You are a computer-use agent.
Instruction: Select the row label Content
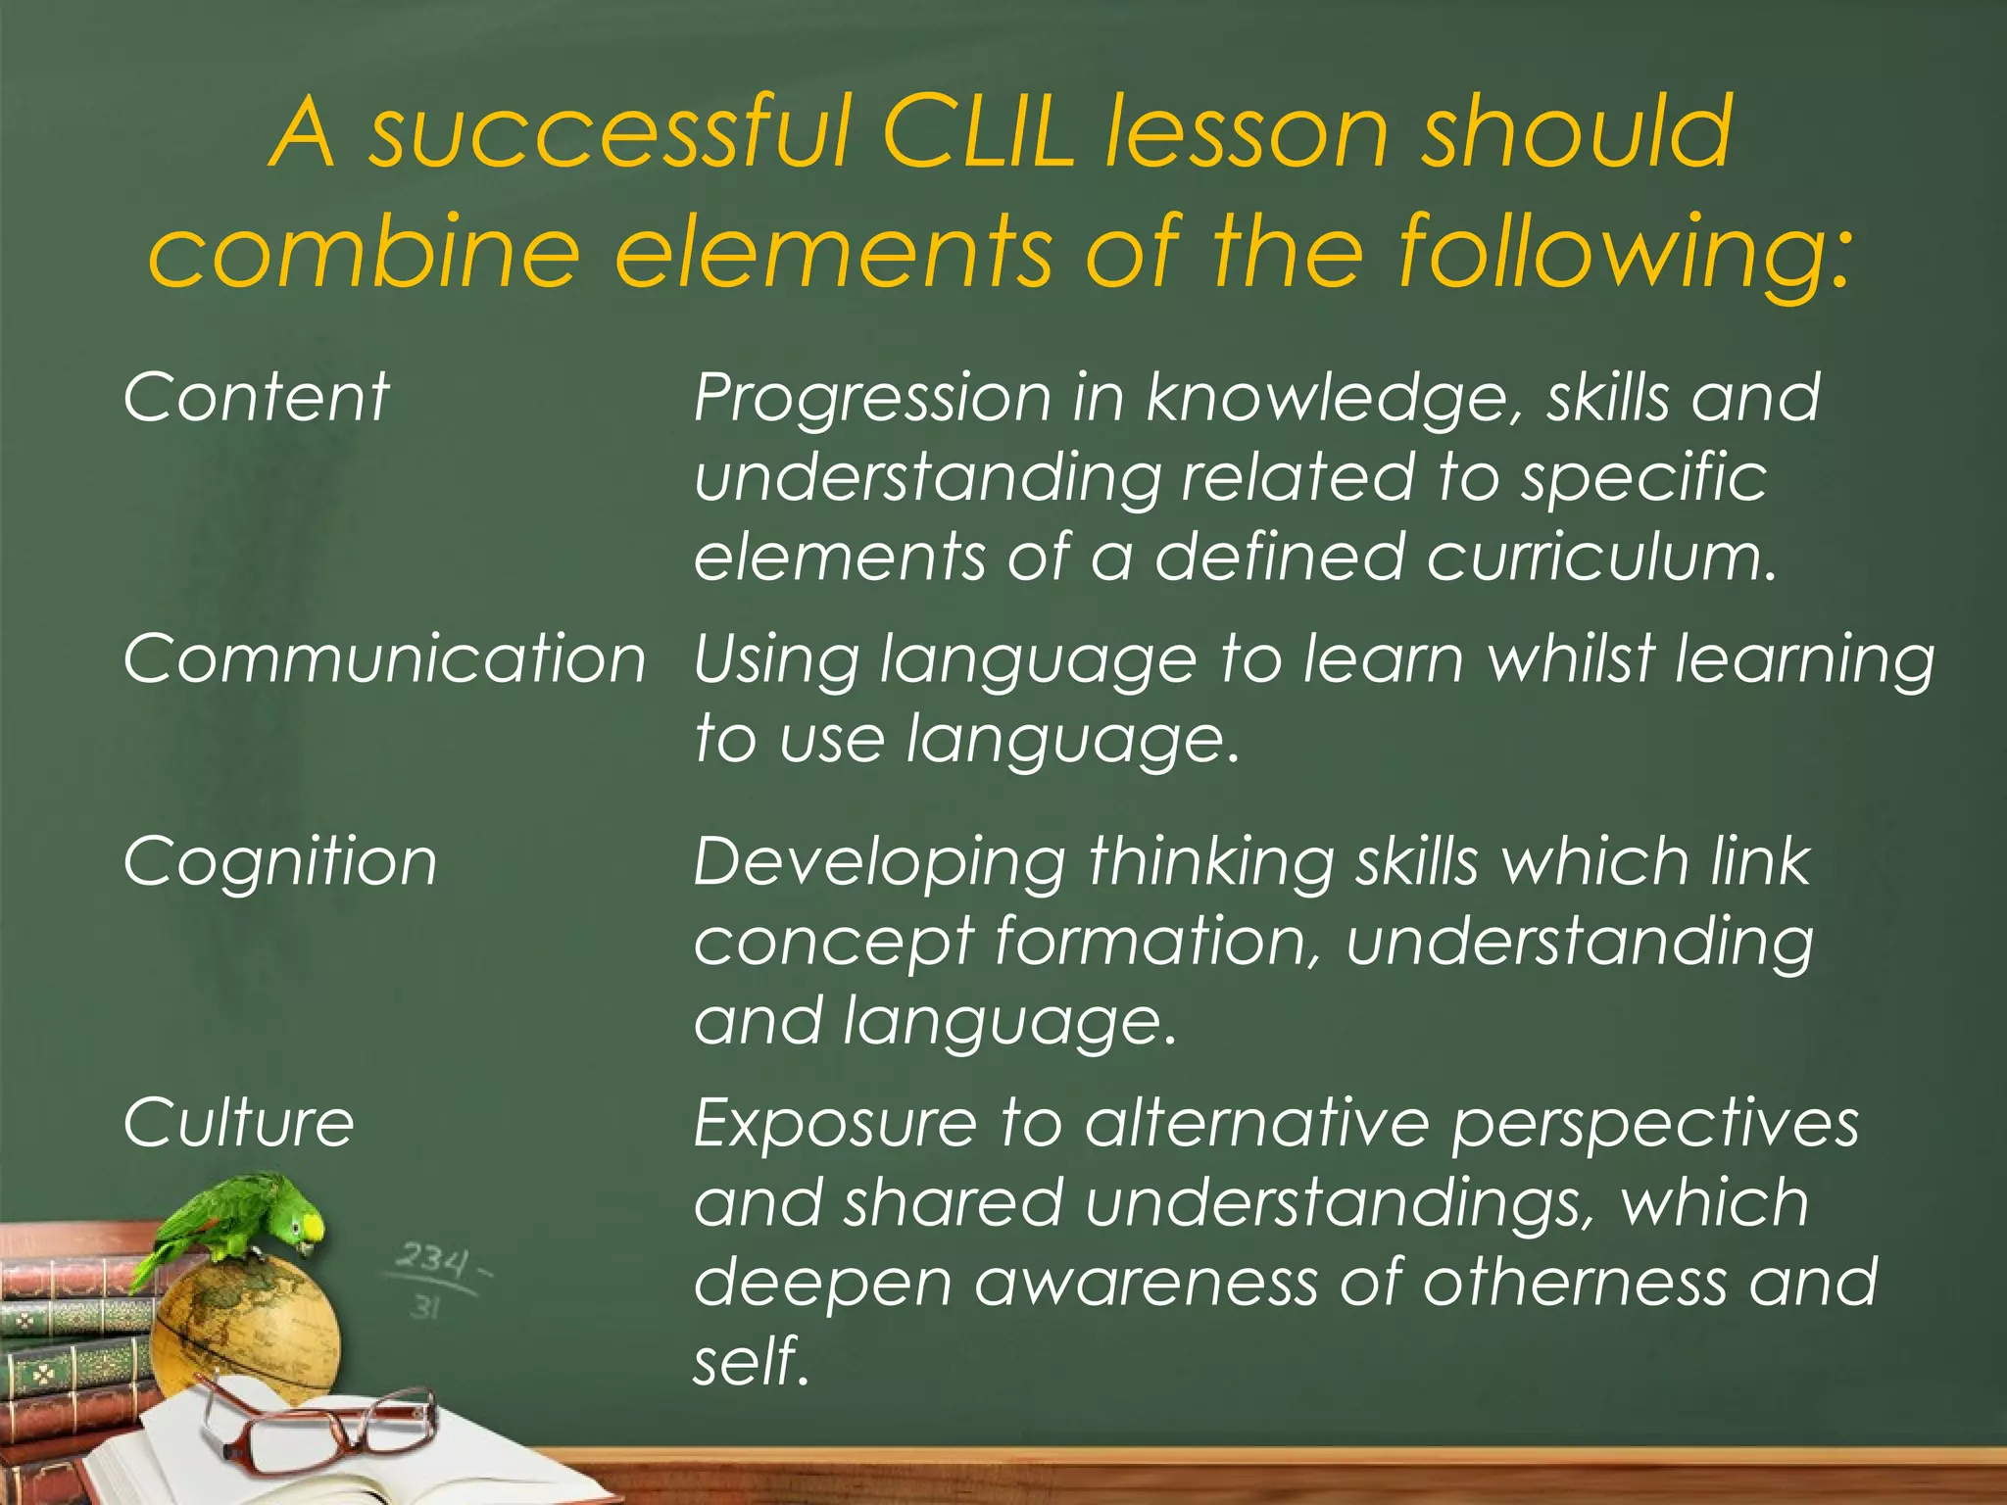coord(257,398)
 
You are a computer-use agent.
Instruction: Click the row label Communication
coord(384,658)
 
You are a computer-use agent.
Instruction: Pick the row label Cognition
coord(280,862)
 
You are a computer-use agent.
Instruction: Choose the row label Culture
coord(238,1123)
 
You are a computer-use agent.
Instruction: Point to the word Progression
coord(858,400)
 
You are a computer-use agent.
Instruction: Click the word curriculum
coord(1601,557)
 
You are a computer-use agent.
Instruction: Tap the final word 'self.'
coord(751,1362)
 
